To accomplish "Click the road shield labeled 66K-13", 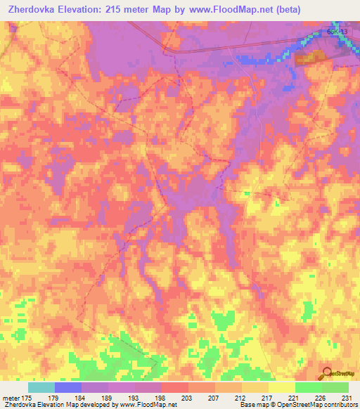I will point(336,32).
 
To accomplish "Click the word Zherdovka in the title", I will point(33,11).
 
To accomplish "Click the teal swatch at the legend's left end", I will point(41,387).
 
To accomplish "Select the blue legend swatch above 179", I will point(68,387).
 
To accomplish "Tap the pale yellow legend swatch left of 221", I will point(282,387).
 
